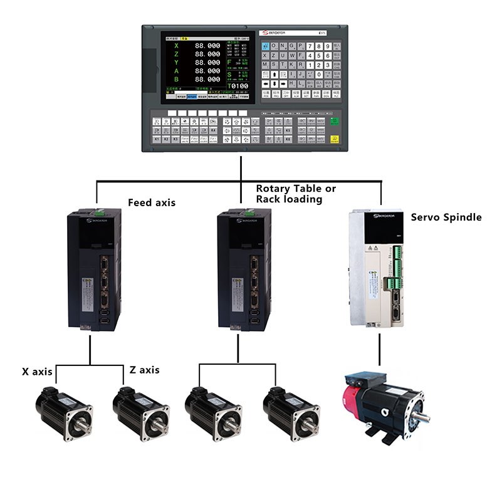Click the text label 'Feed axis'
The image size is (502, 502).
click(x=152, y=202)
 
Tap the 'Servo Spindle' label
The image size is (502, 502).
click(x=446, y=217)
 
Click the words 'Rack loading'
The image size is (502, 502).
click(x=289, y=199)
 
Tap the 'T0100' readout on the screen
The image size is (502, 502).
click(x=236, y=86)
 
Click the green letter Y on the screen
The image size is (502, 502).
click(x=176, y=63)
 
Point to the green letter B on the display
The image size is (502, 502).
click(x=176, y=80)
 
